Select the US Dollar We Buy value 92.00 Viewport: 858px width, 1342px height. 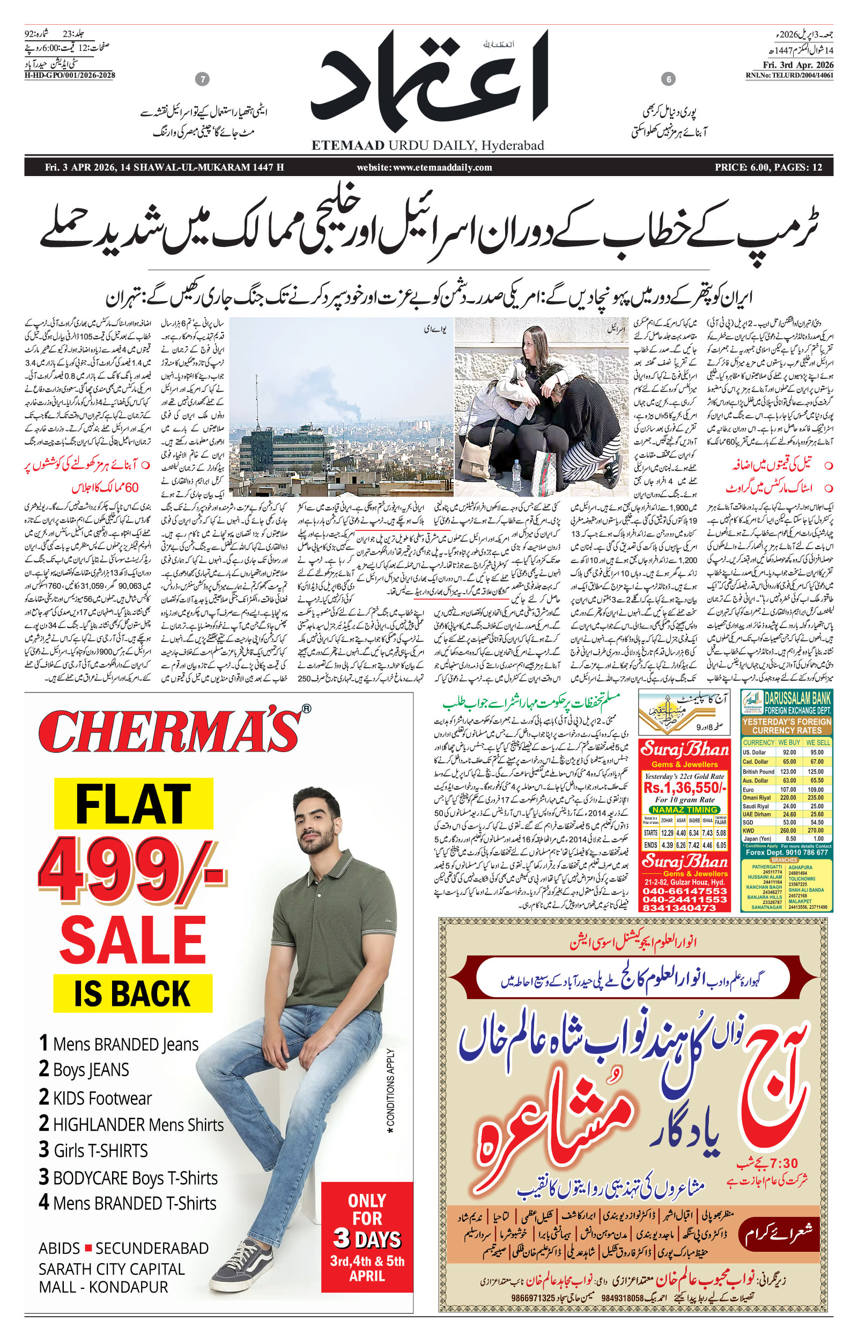pyautogui.click(x=789, y=752)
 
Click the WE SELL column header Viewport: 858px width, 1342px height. pyautogui.click(x=818, y=742)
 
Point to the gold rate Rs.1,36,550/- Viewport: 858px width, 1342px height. pyautogui.click(x=685, y=788)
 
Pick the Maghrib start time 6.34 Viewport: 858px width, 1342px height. pyautogui.click(x=694, y=833)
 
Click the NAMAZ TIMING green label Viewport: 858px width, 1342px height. pyautogui.click(x=685, y=809)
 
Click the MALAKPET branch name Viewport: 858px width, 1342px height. pyautogui.click(x=800, y=901)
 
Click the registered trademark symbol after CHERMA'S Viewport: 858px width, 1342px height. pyautogui.click(x=306, y=709)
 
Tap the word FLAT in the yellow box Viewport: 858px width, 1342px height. pyautogui.click(x=133, y=804)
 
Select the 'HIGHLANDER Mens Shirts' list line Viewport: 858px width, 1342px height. pyautogui.click(x=131, y=1124)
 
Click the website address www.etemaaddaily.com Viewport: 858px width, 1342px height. pyautogui.click(x=425, y=167)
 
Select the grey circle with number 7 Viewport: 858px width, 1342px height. pyautogui.click(x=203, y=79)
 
